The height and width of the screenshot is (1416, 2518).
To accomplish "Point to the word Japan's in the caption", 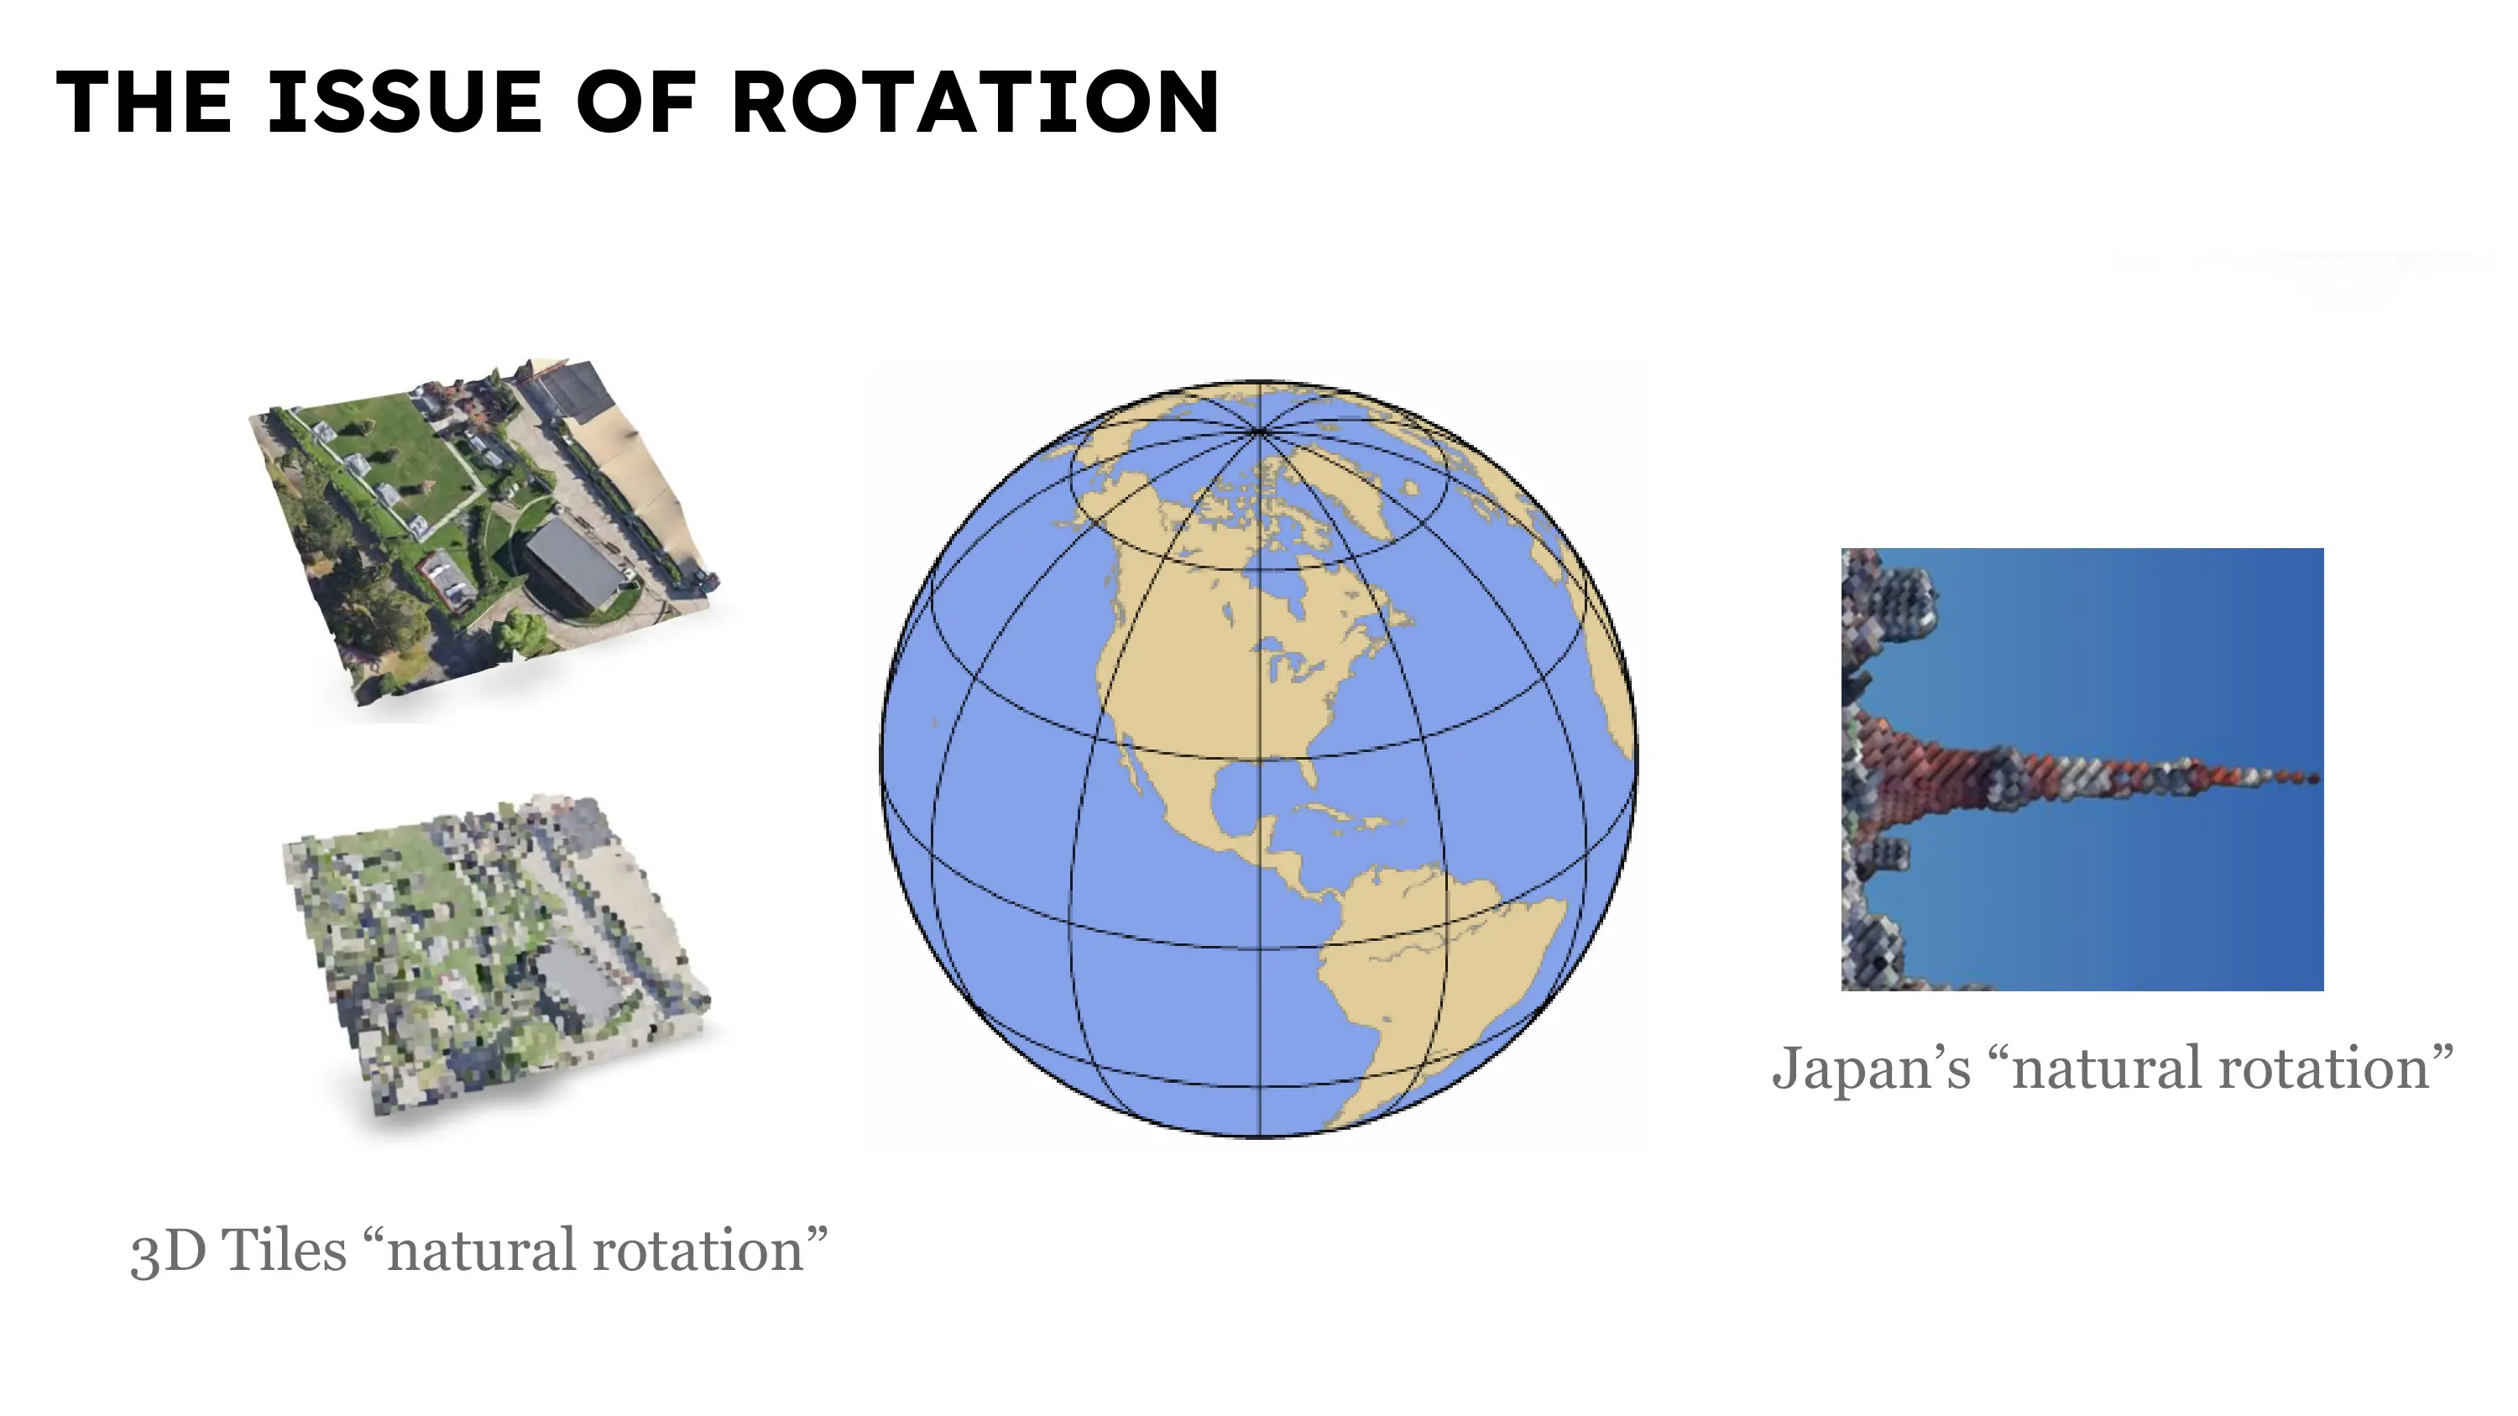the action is (x=1871, y=1069).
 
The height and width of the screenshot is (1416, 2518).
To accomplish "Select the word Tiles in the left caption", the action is (x=285, y=1250).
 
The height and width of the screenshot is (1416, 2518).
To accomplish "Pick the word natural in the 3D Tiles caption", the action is (x=479, y=1250).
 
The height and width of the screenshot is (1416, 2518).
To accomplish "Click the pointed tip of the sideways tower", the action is (x=2316, y=778).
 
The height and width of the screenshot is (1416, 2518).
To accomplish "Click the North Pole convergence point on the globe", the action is (x=1259, y=430).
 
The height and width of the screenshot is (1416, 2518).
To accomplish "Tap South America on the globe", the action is (x=1427, y=977).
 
